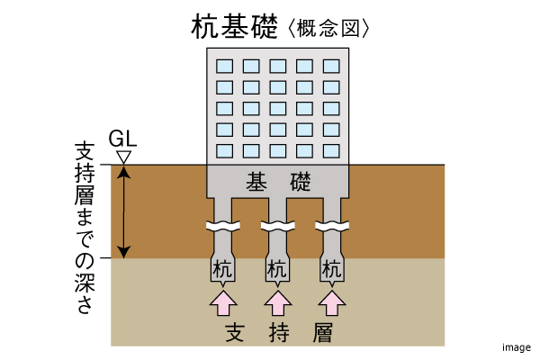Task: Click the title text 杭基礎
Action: (x=237, y=26)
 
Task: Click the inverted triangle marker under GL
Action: (x=124, y=157)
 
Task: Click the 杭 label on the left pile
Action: (x=223, y=268)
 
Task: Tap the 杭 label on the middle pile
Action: (x=278, y=268)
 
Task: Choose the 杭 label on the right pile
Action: (x=333, y=268)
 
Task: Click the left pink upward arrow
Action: (x=223, y=302)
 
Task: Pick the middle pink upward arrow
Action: (x=278, y=302)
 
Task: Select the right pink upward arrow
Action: (x=333, y=302)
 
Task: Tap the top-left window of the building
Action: (x=224, y=67)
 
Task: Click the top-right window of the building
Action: (x=332, y=67)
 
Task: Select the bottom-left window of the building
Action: (x=224, y=149)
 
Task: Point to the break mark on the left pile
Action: (x=223, y=225)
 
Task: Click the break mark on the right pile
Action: (x=333, y=225)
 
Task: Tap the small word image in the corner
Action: (x=516, y=346)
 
